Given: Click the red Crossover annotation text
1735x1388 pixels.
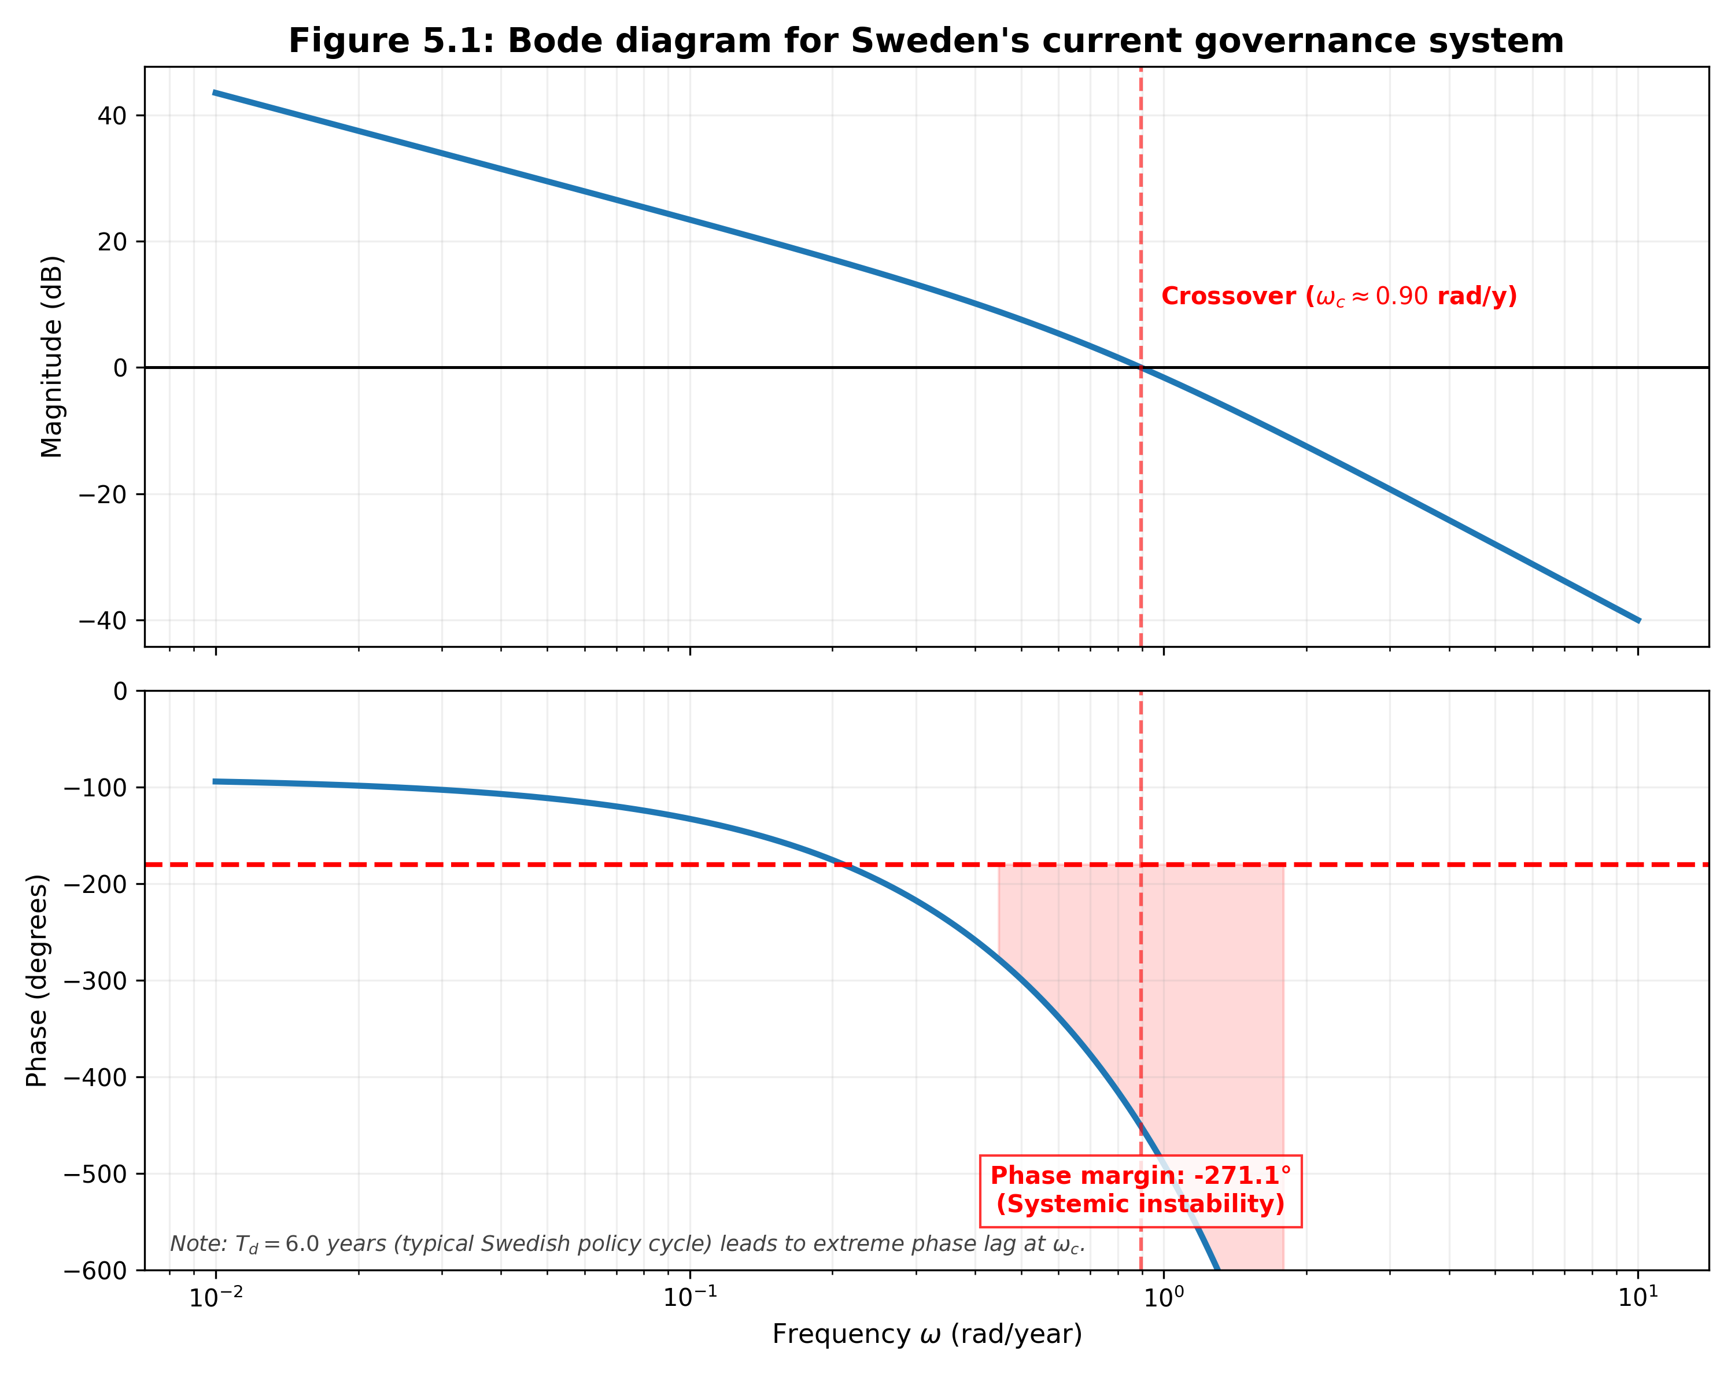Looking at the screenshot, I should (1338, 296).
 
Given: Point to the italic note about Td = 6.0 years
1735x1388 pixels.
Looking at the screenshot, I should (627, 1244).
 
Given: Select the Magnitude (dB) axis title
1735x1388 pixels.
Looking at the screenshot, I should (51, 356).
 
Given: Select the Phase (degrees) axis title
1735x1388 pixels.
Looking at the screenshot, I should (37, 980).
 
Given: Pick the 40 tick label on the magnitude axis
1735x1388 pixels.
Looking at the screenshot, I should (112, 116).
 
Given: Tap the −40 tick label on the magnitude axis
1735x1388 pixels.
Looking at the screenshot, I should (102, 621).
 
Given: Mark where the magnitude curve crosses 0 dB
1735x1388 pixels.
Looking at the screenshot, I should (1141, 368).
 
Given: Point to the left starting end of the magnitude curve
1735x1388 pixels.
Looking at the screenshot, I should (215, 93).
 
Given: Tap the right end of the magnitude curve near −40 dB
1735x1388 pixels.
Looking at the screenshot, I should (1638, 621).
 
